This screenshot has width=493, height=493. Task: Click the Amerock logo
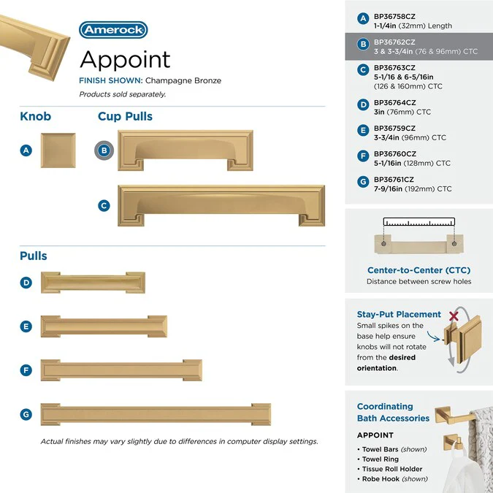point(113,30)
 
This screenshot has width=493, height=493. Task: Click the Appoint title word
point(125,59)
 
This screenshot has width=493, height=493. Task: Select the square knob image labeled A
point(58,150)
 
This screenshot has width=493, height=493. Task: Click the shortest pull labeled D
point(93,283)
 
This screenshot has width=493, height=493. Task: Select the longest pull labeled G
point(156,414)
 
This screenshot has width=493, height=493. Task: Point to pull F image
point(121,370)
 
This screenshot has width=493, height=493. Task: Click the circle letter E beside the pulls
point(26,326)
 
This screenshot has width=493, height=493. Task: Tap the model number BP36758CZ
point(394,15)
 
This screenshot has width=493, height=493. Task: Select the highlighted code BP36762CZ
point(394,43)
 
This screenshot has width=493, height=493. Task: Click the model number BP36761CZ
point(394,180)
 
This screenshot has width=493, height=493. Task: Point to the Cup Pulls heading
point(125,117)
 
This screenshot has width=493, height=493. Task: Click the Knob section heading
point(36,117)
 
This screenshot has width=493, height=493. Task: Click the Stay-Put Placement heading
point(399,314)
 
